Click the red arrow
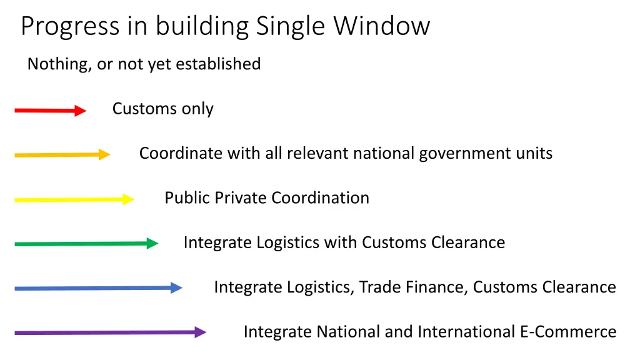pos(50,111)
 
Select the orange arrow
pos(62,155)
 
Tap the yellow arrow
pos(74,200)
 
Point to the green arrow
pos(86,244)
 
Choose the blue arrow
pos(98,288)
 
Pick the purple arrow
pos(110,332)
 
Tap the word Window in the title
pos(382,27)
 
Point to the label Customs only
pos(162,109)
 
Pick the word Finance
pos(437,287)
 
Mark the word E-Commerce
pos(568,331)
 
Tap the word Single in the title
pos(291,27)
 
